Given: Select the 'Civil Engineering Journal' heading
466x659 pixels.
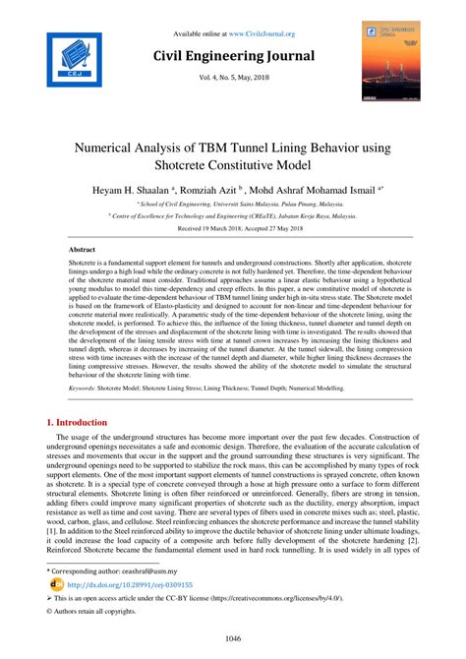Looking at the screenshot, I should (233, 56).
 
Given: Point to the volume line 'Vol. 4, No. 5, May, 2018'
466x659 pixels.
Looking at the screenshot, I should (233, 79).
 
